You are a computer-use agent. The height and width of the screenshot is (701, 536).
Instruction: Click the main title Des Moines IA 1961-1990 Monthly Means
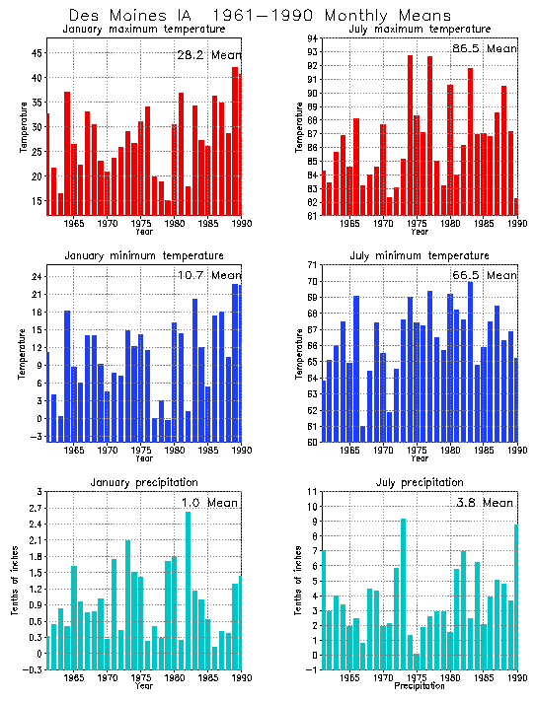[x=261, y=16]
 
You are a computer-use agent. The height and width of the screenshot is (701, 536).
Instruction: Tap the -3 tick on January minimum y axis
[x=36, y=436]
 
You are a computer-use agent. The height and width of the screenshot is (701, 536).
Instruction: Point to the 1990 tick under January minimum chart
[x=237, y=451]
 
